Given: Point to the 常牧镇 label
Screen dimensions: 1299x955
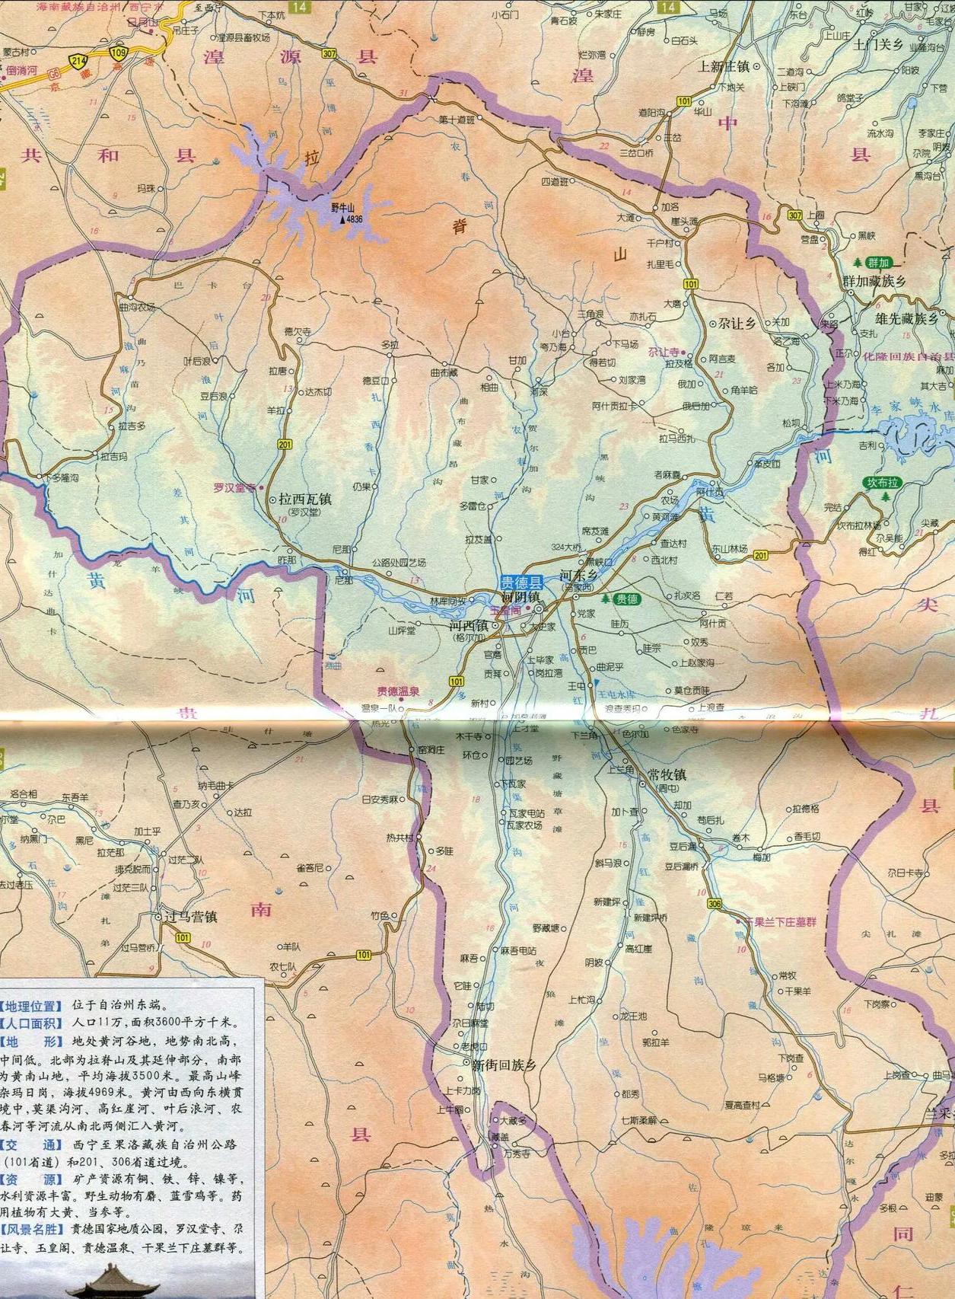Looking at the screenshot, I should click(667, 774).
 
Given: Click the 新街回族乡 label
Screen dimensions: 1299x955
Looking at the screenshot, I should click(504, 1065).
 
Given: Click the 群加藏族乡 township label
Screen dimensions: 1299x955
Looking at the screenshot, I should click(876, 282).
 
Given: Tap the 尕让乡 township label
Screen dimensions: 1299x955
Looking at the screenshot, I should click(736, 324).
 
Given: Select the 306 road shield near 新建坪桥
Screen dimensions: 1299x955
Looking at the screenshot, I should click(713, 904).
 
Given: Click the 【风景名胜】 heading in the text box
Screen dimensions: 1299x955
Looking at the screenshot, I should click(35, 1229).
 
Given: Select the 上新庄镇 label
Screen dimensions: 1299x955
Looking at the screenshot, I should click(724, 66).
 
